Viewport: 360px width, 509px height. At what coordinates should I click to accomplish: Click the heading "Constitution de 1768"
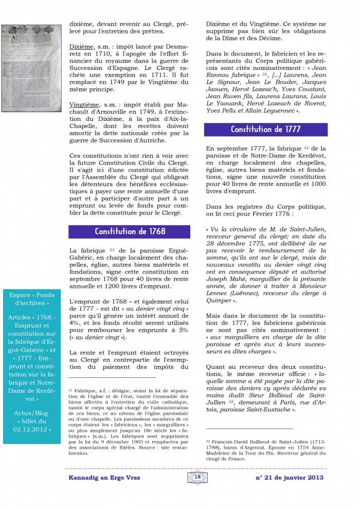[x=130, y=231]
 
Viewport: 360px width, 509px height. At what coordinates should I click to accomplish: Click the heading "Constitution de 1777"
[x=265, y=130]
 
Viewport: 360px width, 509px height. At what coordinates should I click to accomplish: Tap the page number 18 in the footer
[x=197, y=477]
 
